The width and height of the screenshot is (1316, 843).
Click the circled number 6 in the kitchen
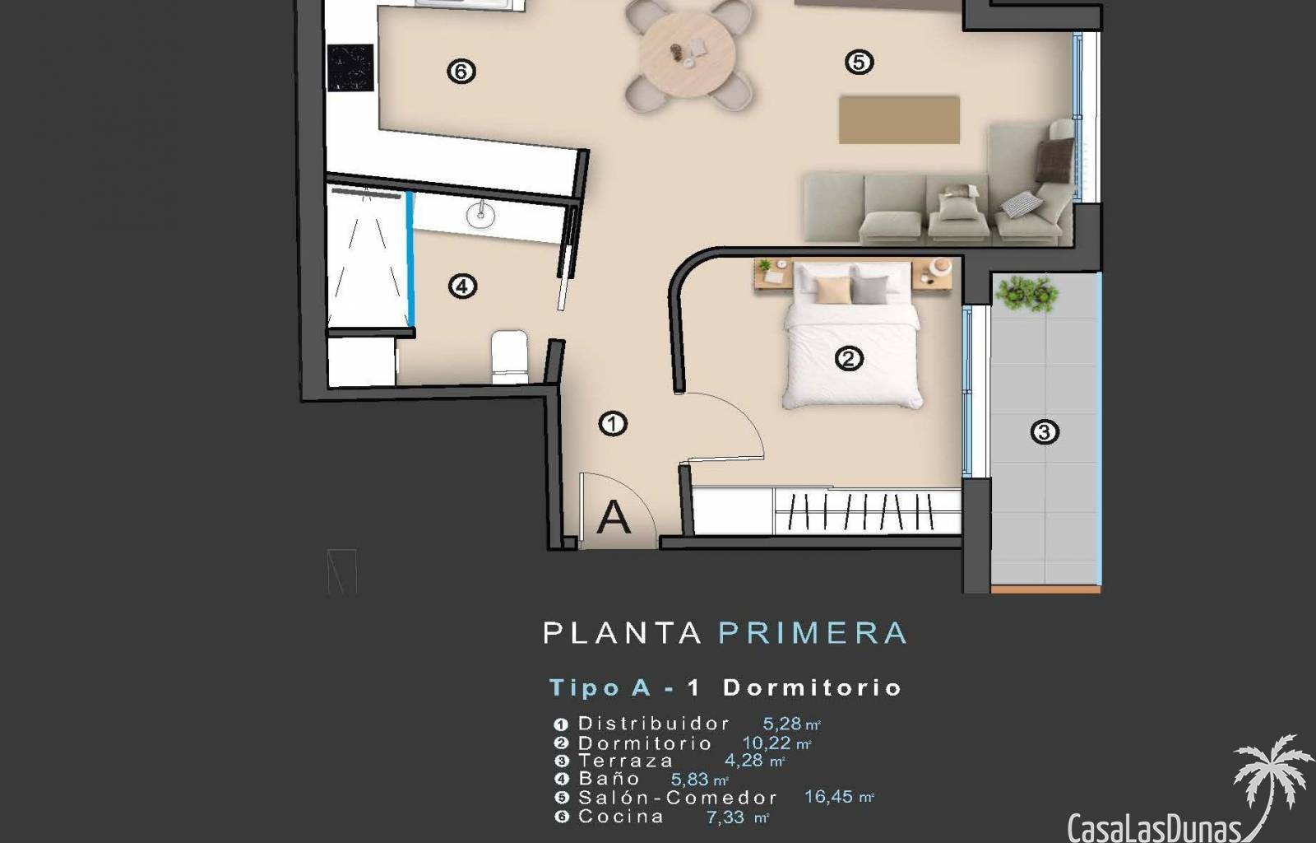tap(461, 72)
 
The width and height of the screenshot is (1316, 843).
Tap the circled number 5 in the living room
tap(859, 62)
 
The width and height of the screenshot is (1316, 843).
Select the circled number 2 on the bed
tap(849, 359)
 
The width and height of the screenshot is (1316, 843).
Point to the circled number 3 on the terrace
tap(1045, 432)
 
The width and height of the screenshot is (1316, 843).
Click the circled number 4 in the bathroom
tap(462, 286)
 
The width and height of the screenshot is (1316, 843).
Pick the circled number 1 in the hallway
tap(613, 424)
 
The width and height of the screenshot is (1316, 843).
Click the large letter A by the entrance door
tap(614, 517)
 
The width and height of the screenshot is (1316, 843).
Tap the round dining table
tap(688, 54)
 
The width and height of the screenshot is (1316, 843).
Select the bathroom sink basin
tap(481, 215)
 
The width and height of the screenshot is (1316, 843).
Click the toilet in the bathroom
tap(509, 356)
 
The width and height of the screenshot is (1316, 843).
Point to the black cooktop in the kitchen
tap(350, 68)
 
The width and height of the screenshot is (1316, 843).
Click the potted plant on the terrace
tap(1028, 293)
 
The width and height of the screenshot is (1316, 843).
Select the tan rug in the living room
tap(899, 120)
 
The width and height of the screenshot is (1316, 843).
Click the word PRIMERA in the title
tap(813, 633)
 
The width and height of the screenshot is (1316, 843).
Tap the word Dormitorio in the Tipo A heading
tap(812, 687)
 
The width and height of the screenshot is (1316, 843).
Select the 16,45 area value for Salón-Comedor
tap(828, 797)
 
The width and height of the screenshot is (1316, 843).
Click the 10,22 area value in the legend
tap(767, 743)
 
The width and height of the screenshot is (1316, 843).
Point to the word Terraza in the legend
tap(625, 761)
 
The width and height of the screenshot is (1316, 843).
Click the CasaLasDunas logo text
tap(1154, 828)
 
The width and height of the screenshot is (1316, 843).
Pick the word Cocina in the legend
tap(621, 817)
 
